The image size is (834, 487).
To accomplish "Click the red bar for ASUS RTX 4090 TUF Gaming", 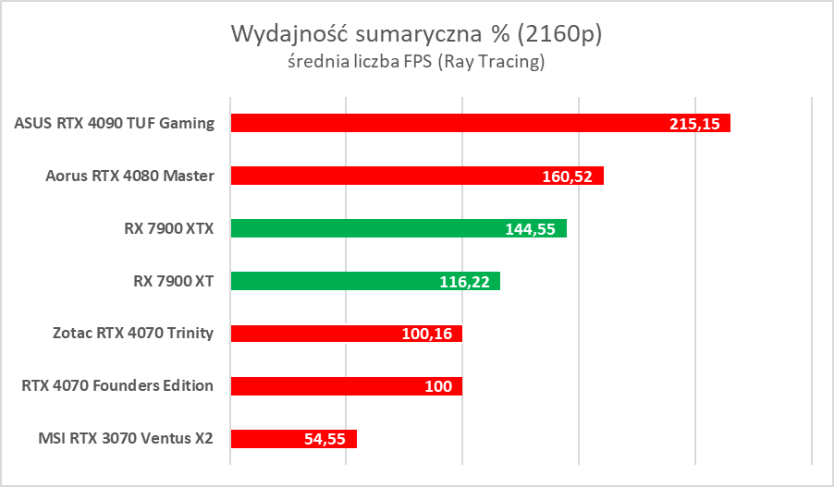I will [444, 123].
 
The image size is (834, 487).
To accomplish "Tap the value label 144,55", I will [530, 229].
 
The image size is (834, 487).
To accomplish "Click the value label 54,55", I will [324, 440].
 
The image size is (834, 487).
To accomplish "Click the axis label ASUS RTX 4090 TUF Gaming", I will [115, 123].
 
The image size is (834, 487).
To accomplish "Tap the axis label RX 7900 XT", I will [174, 281].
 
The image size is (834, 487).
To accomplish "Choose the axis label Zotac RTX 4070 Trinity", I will [135, 334].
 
